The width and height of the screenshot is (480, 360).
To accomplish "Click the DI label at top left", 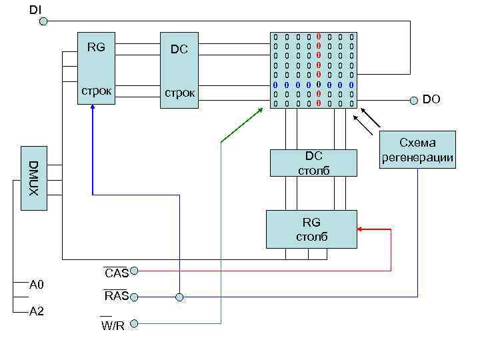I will click(x=34, y=9).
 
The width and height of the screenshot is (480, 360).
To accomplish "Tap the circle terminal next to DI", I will click(x=43, y=21).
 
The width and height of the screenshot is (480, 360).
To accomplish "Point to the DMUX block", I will click(x=34, y=178).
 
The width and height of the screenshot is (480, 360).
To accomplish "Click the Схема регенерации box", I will click(x=417, y=150).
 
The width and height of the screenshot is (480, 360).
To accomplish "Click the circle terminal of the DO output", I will click(x=412, y=101).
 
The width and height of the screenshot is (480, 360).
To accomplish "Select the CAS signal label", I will click(x=116, y=273).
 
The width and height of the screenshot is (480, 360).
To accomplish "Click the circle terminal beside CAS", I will click(x=134, y=271).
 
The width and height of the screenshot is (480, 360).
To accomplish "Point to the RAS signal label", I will click(x=116, y=296).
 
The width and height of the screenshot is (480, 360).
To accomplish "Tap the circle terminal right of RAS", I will click(x=134, y=297).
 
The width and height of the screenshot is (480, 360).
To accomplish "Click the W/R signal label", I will click(x=113, y=325).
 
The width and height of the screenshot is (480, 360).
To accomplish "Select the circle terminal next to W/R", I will click(x=134, y=323).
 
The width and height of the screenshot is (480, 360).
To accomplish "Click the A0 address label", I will click(x=37, y=285).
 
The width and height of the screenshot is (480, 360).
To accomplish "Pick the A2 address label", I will click(x=37, y=311).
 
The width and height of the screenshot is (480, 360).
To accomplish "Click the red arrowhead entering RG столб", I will click(x=361, y=229).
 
